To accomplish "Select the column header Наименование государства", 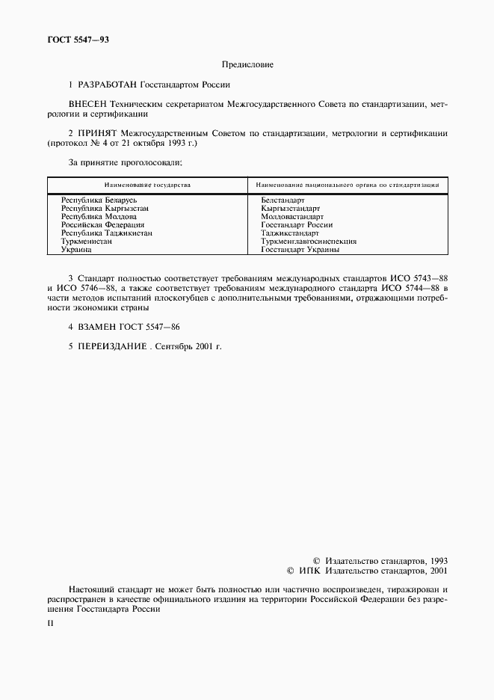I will [x=146, y=184].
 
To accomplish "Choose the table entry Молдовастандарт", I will [x=292, y=217].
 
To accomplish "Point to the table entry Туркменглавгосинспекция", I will [x=309, y=242].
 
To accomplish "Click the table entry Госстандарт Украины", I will [x=300, y=250].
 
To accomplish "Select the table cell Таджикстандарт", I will [x=290, y=233].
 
